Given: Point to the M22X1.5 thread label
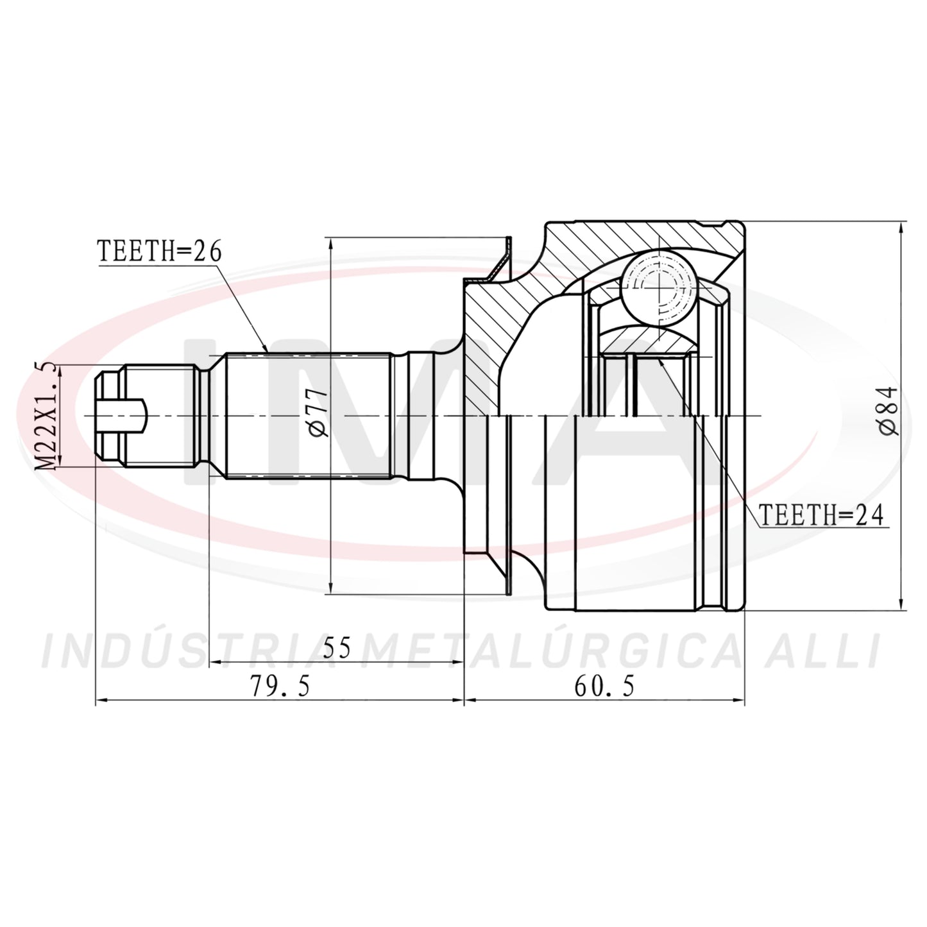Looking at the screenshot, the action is (48, 416).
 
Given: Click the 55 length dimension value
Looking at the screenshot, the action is (337, 647).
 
